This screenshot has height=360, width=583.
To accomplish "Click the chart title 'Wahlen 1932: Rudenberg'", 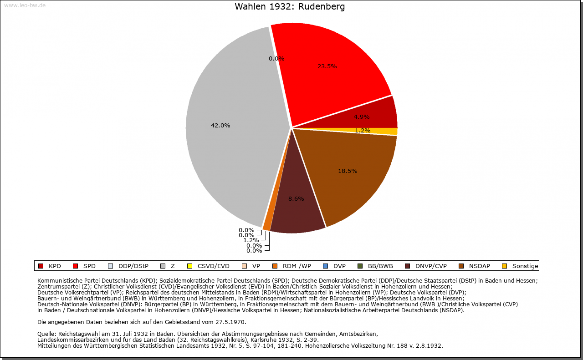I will point(290,7).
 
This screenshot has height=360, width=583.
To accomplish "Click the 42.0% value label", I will point(220,126).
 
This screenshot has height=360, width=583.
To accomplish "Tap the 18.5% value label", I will point(348,171).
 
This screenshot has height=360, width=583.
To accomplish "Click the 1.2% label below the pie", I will point(251,240).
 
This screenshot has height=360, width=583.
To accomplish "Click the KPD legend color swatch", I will point(41,266).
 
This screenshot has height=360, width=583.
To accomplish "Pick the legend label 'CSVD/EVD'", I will point(213,266).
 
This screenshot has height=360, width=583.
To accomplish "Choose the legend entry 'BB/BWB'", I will point(380,266).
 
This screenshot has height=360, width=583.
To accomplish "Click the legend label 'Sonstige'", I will point(525,266).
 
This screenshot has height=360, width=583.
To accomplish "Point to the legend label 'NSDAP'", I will point(479,266).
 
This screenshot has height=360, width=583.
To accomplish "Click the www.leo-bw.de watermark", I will point(24,5).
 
